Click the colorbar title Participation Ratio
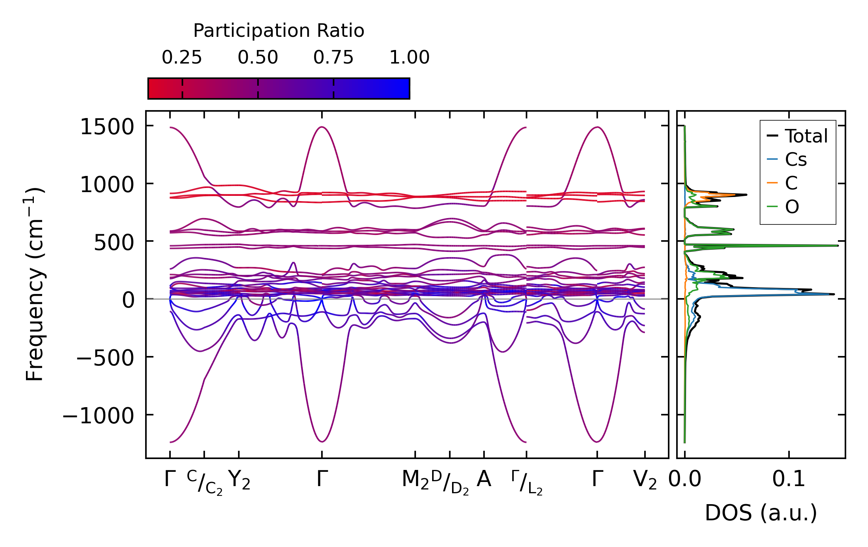point(278,31)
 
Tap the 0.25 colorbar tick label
point(182,58)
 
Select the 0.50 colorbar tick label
point(258,58)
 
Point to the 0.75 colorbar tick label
point(334,58)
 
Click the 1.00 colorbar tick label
point(409,58)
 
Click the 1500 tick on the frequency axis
point(107,127)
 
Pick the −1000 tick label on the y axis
point(98,416)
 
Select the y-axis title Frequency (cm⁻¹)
point(35,285)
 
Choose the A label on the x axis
point(484,479)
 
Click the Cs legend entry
point(796,160)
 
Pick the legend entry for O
point(792,207)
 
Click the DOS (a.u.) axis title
point(761,513)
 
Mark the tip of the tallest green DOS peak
point(838,245)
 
